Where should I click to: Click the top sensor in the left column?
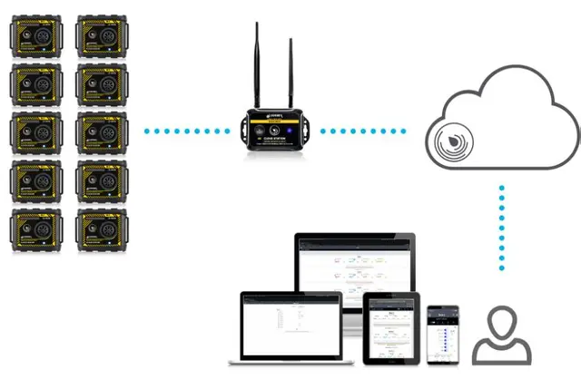(36, 36)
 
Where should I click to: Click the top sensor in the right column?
(103, 36)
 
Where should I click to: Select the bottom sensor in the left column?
(36, 228)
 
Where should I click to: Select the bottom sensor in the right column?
(103, 228)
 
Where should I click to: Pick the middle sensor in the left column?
(36, 132)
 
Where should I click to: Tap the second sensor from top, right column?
(103, 84)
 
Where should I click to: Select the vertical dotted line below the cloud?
(500, 227)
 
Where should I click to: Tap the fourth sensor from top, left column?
(36, 180)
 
